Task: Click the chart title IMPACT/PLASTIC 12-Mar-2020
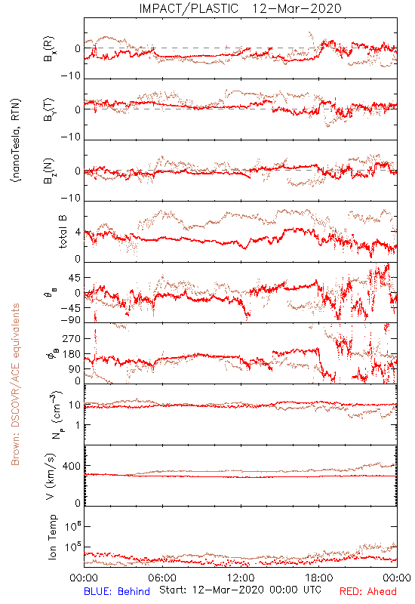click(240, 8)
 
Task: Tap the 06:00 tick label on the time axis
click(162, 578)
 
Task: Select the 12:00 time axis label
click(241, 578)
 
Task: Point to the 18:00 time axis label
click(319, 578)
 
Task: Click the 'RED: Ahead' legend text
click(367, 591)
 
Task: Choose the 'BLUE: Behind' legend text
click(117, 591)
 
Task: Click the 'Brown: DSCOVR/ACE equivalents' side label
click(15, 384)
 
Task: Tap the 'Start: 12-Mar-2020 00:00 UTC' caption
click(240, 590)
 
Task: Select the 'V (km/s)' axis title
click(51, 476)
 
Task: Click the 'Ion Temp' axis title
click(52, 537)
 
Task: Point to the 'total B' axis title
click(63, 232)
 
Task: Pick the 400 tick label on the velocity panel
click(72, 466)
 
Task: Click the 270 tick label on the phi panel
click(72, 338)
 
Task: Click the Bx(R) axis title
click(49, 48)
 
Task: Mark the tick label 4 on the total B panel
click(78, 233)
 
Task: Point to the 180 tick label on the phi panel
click(72, 354)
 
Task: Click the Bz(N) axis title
click(49, 171)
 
